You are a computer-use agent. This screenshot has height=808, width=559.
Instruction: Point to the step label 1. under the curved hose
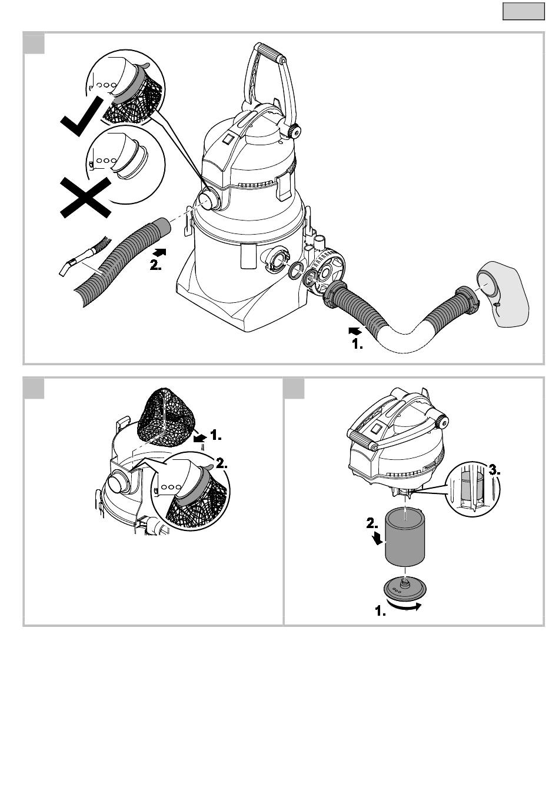(357, 344)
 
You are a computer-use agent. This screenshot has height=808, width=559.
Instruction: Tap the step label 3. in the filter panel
(494, 470)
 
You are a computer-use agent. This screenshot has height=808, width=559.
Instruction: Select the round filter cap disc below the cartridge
(404, 588)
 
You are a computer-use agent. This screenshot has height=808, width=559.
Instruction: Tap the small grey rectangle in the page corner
(523, 11)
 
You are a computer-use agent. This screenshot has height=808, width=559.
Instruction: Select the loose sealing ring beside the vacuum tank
(296, 270)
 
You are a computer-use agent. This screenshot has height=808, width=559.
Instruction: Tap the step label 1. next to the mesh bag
(215, 436)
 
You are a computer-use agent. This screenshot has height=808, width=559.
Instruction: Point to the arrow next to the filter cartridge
(377, 537)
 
